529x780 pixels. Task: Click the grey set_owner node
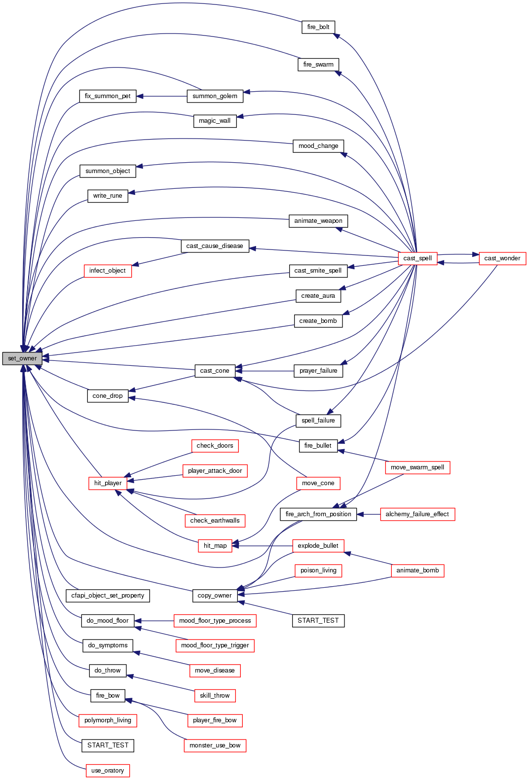coord(22,358)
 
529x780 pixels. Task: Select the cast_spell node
coord(417,258)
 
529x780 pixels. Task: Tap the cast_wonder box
coord(502,258)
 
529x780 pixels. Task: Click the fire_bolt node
coord(318,27)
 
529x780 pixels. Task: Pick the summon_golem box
coord(215,96)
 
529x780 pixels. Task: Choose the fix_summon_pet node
coord(108,96)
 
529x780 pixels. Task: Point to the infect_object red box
coord(108,271)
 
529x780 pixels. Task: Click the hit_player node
coord(108,483)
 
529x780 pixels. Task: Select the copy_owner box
coord(215,596)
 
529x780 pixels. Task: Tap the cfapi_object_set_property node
coord(108,596)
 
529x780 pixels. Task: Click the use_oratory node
coord(108,771)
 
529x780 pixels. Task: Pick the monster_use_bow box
coord(215,745)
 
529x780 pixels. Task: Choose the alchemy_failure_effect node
coord(417,514)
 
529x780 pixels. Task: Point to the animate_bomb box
coord(417,570)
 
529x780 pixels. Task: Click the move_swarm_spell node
coord(417,467)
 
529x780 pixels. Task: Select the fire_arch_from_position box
coord(318,514)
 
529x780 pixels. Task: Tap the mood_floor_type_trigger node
coord(215,645)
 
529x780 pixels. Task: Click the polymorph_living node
coord(108,720)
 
